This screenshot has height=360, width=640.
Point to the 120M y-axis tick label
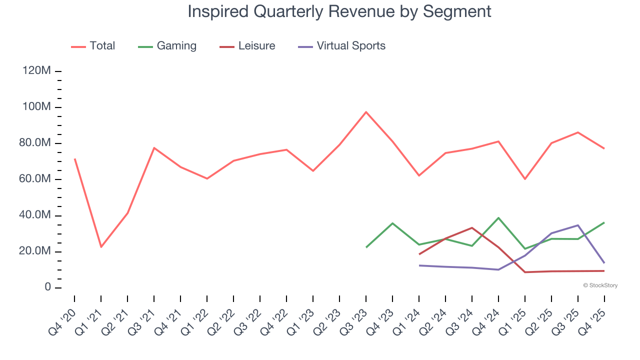click(x=36, y=71)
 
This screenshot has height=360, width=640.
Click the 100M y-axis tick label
click(x=36, y=107)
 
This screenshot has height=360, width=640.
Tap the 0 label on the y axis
click(x=47, y=287)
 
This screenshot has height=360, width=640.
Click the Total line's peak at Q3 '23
click(x=366, y=112)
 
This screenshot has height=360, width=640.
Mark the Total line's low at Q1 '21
click(x=101, y=247)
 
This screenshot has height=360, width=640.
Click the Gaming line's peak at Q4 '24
click(x=498, y=218)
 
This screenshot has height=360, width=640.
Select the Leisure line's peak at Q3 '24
click(x=472, y=228)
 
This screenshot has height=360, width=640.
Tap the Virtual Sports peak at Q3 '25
click(x=578, y=225)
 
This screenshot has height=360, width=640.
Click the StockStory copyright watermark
click(x=600, y=285)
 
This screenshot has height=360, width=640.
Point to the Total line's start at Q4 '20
click(x=74, y=159)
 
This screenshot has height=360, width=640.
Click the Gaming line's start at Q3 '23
click(x=366, y=247)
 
